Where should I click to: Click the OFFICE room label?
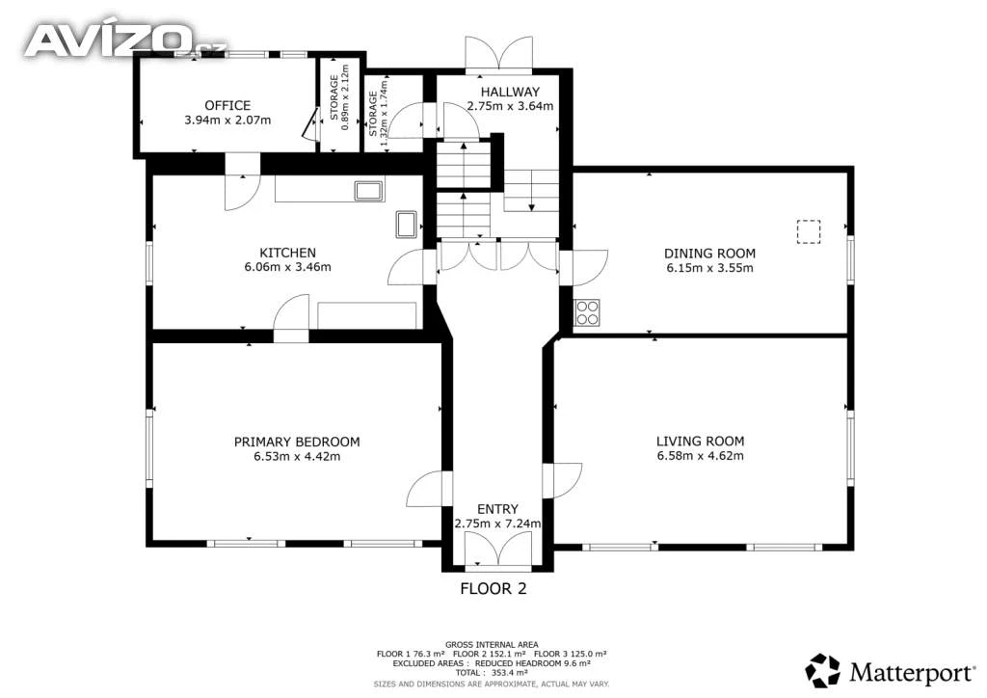[x=227, y=106]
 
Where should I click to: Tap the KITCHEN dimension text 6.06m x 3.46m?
[x=287, y=267]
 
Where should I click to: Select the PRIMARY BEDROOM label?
[x=297, y=442]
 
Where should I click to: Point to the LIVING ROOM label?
[x=700, y=442]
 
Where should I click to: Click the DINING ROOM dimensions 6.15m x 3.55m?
[x=710, y=267]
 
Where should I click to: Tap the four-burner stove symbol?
[x=587, y=312]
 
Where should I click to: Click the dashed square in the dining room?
[x=809, y=231]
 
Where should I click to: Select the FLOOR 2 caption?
[x=493, y=588]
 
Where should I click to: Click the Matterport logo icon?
[x=823, y=671]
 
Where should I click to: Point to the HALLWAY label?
[x=510, y=92]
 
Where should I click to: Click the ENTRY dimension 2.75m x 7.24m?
[x=497, y=523]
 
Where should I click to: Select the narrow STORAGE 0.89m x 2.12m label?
[x=339, y=97]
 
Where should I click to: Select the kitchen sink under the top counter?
[x=369, y=191]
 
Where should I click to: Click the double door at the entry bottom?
[x=498, y=549]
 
